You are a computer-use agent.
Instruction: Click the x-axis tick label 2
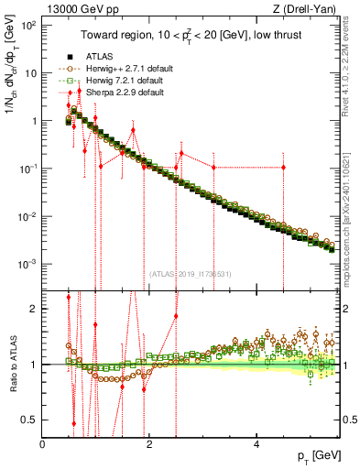[149, 444]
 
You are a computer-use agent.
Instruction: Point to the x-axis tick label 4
[256, 444]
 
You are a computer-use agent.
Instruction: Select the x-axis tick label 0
[43, 444]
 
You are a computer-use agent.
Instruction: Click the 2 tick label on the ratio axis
[33, 309]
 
